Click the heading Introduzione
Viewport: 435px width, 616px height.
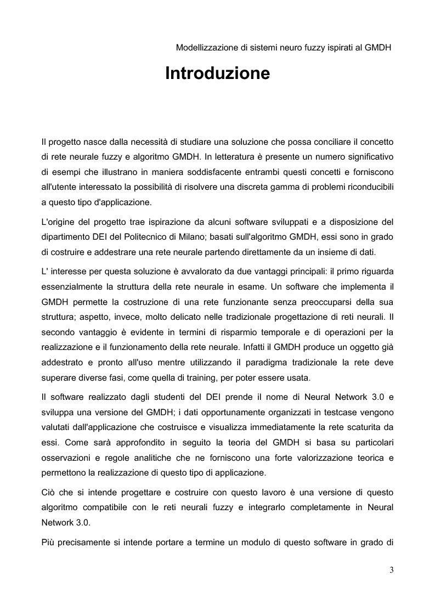click(217, 74)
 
